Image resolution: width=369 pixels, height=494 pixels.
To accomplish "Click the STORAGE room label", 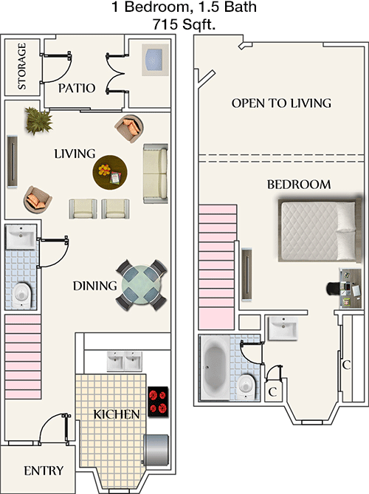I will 22,66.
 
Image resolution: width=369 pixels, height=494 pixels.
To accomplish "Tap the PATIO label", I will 77,88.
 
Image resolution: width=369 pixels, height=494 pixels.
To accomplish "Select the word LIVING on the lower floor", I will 75,154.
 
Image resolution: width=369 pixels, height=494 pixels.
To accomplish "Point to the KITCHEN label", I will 117,414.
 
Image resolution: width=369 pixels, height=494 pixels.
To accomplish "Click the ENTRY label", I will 44,471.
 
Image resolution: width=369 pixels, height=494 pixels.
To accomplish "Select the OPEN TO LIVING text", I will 281,103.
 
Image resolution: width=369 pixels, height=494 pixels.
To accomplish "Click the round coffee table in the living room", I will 110,173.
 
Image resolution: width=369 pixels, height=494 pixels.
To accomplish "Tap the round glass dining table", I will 140,286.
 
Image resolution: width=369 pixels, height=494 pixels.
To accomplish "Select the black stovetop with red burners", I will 159,402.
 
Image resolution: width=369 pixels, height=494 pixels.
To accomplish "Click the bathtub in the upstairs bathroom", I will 218,367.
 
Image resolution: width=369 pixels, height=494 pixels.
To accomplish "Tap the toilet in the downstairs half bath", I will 22,294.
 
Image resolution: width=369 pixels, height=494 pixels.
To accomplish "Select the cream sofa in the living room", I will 156,174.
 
